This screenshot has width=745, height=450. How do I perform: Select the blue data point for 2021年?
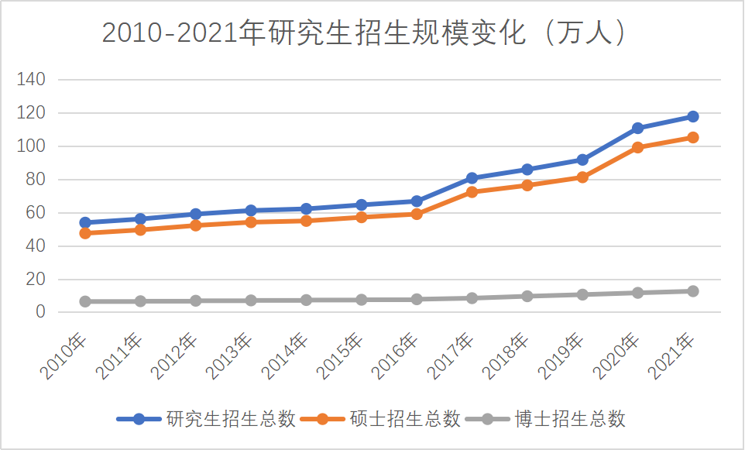pos(693,116)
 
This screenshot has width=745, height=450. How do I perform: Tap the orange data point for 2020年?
pos(637,147)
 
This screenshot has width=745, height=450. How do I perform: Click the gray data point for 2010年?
pos(85,301)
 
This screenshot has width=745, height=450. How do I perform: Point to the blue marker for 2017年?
pos(472,178)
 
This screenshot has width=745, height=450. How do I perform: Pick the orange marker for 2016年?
pos(417,214)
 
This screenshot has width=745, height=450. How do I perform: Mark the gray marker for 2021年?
pos(693,291)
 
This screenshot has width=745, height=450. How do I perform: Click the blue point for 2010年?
pos(85,222)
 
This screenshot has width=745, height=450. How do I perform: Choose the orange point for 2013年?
pos(251,222)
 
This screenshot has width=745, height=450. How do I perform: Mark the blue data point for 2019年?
pos(582,160)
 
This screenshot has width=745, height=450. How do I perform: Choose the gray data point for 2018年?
pos(527,296)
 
